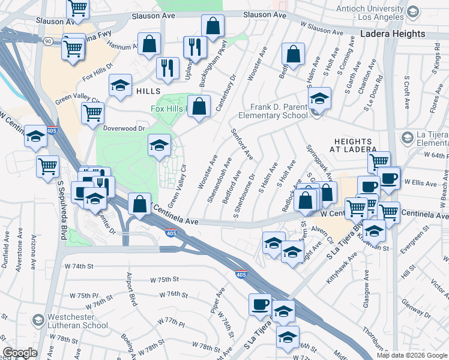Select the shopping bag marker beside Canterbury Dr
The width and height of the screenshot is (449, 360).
(x=199, y=106)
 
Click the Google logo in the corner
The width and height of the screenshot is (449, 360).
(x=20, y=353)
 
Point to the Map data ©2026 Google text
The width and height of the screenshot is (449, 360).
(x=411, y=355)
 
